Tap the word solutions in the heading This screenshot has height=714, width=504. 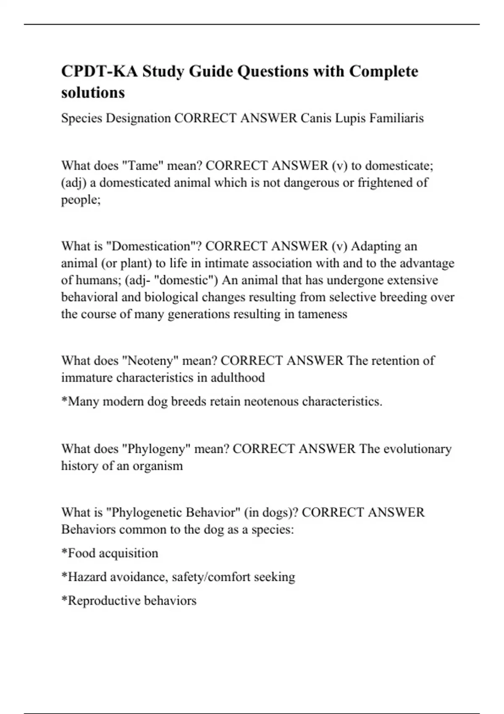pos(93,92)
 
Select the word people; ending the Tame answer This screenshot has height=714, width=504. pos(81,199)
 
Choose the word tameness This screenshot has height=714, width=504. pos(322,314)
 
